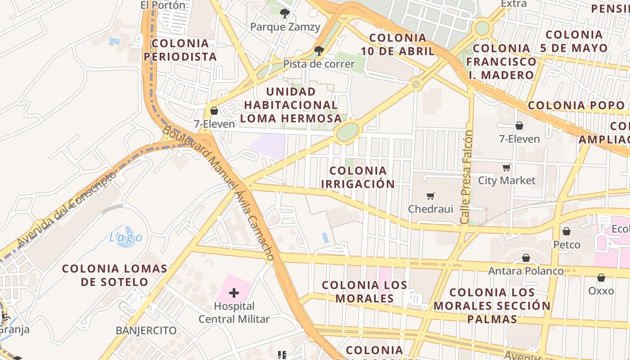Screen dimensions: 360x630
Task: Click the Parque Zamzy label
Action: coord(285,27)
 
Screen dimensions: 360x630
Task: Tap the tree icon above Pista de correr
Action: coord(319,50)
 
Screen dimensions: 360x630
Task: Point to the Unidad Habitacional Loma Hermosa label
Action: coord(291,105)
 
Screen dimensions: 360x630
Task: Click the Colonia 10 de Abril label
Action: coord(397,44)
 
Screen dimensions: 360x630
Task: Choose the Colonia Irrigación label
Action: coord(358,177)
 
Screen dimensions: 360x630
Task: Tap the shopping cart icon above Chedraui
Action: coord(431,196)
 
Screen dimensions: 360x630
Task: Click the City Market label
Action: coord(507,180)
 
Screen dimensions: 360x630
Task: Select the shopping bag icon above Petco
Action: coord(567,231)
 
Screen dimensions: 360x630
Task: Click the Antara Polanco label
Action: coord(526,271)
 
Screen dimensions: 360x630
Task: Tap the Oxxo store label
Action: coord(601,291)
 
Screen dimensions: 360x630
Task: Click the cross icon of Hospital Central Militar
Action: coord(234,293)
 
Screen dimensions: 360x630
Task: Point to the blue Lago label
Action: coord(126,237)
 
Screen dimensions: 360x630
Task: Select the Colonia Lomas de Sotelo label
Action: coord(115,275)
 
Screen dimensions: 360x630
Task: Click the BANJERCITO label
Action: coord(146,330)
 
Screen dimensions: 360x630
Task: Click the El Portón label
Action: coord(163,5)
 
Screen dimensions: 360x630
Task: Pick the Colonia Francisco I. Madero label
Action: coord(501,61)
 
